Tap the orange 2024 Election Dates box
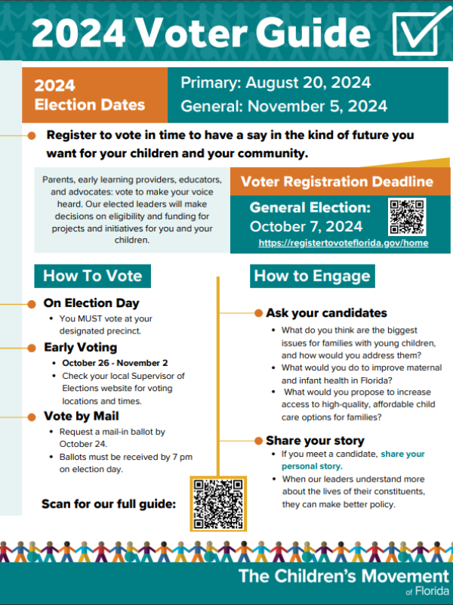tap(97, 95)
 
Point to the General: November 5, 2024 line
tap(284, 106)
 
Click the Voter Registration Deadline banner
tap(337, 181)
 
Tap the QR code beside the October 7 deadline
tap(407, 217)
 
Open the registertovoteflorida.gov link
tap(343, 244)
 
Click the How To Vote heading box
tap(92, 276)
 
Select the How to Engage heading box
tap(313, 276)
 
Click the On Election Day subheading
tap(91, 303)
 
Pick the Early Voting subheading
tap(80, 348)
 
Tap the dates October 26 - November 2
tap(109, 362)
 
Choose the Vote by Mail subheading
tap(81, 416)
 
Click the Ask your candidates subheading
tap(326, 312)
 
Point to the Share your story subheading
tap(315, 440)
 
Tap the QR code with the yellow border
tap(217, 504)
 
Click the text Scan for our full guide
tap(108, 504)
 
